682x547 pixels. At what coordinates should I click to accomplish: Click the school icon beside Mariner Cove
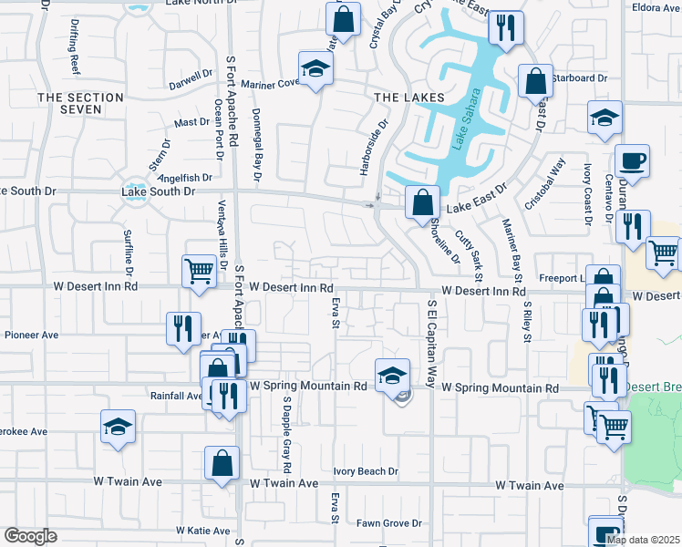tap(315, 68)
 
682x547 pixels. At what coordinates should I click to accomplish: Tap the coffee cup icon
tap(632, 163)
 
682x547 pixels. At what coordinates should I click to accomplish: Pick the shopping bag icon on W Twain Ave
tap(222, 464)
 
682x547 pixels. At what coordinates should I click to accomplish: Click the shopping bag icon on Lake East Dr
tap(422, 203)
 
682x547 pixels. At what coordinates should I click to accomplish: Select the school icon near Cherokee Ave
tap(118, 428)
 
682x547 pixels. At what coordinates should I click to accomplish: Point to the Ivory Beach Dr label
tap(366, 471)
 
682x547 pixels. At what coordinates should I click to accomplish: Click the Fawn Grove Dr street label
tap(389, 523)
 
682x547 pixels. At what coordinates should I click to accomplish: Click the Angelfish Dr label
tap(185, 178)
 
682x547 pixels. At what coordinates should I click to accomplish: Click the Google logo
tap(30, 536)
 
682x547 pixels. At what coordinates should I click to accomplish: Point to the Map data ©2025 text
tap(643, 540)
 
